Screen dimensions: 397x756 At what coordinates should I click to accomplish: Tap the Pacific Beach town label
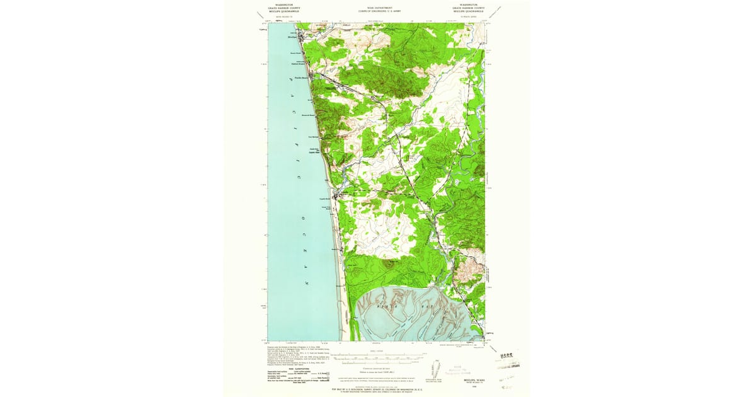(301, 78)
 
